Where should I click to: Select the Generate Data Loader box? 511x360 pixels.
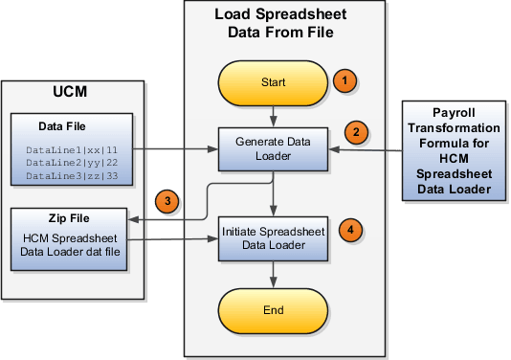[275, 148]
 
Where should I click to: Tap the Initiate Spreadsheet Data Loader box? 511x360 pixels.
[275, 237]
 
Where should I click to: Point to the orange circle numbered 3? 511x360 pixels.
[168, 201]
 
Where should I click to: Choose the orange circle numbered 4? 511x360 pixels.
[353, 230]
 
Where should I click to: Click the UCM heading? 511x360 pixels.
[74, 98]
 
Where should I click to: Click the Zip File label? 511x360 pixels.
[74, 216]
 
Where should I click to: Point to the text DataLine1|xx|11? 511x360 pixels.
[74, 149]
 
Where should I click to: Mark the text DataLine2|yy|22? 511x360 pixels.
[74, 163]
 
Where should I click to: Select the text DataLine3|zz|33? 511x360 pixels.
[74, 176]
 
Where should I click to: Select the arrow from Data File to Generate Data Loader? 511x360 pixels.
[182, 149]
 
